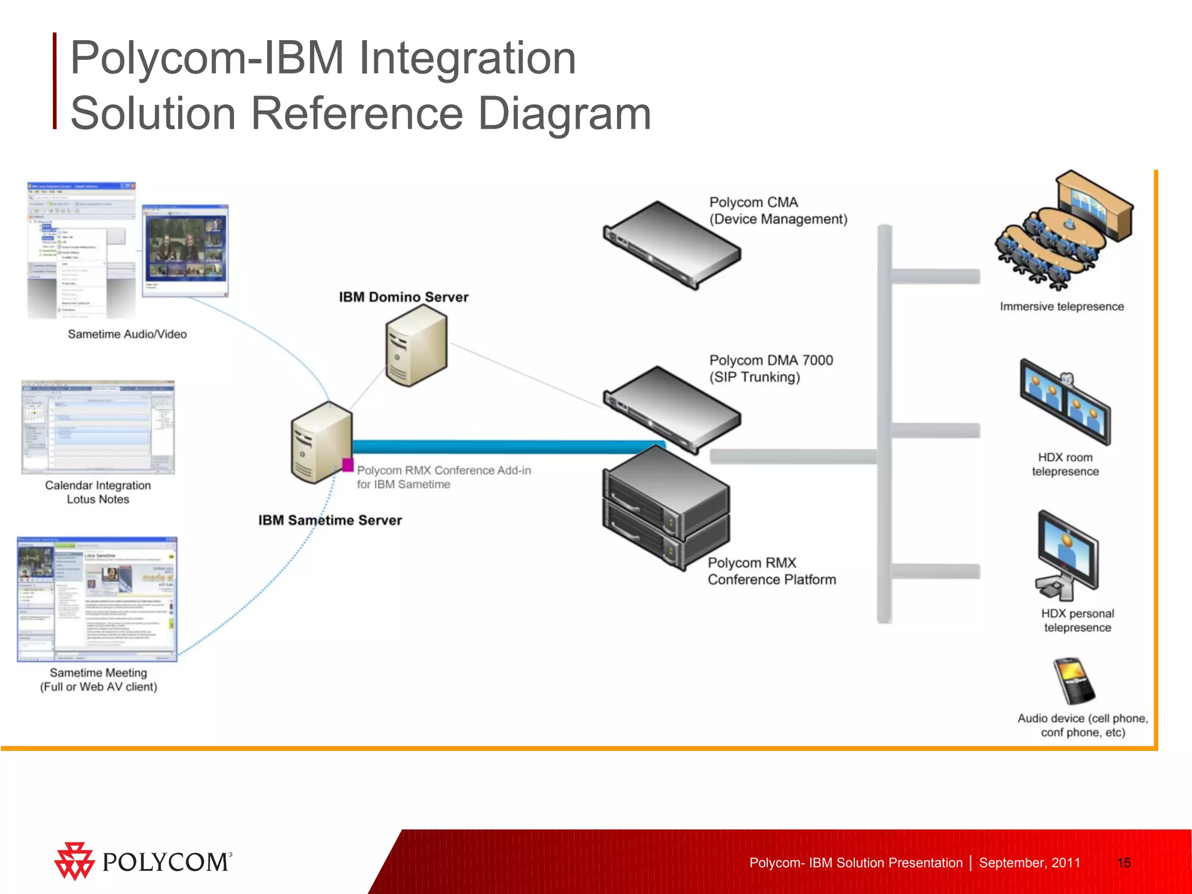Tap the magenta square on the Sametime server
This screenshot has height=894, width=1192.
coord(347,464)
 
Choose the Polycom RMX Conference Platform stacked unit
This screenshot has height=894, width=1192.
coord(665,510)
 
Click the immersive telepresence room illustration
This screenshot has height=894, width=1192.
coord(1065,232)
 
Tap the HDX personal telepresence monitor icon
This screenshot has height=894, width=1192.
coord(1067,556)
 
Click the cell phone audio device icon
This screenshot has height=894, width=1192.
coord(1074,680)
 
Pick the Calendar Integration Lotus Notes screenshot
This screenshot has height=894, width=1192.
coord(98,427)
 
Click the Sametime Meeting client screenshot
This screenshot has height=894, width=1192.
coord(97,599)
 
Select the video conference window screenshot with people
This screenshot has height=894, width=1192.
coord(185,250)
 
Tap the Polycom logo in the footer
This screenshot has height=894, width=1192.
coord(143,861)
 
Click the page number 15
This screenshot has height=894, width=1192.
coord(1124,863)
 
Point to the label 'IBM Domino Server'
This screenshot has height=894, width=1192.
coord(403,297)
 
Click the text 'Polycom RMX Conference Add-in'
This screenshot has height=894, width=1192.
coord(444,470)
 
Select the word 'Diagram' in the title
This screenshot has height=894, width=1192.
coord(564,113)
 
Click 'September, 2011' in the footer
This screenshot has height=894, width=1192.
coord(1029,863)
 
